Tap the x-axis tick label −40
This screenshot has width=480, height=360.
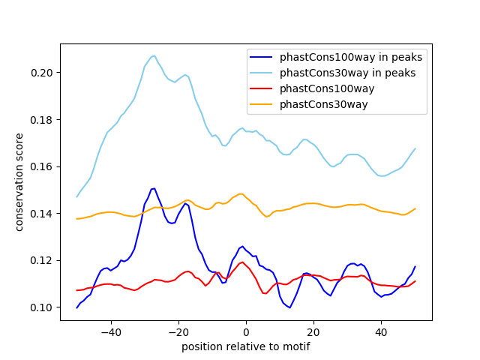[110, 331]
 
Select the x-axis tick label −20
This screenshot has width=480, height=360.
[178, 331]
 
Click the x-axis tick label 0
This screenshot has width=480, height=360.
[245, 331]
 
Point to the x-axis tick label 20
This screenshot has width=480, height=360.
[313, 331]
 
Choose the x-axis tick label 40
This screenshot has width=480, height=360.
[380, 331]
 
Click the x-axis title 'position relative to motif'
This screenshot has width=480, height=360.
[245, 346]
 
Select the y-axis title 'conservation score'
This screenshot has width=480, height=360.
[20, 182]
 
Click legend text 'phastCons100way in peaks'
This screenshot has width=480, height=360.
[351, 57]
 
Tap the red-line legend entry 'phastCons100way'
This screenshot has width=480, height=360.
[327, 88]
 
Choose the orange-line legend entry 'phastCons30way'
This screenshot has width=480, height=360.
[324, 104]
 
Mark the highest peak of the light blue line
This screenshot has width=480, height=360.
[154, 55]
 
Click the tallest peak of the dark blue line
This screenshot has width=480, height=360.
[154, 188]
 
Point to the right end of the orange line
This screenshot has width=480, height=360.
[415, 208]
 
